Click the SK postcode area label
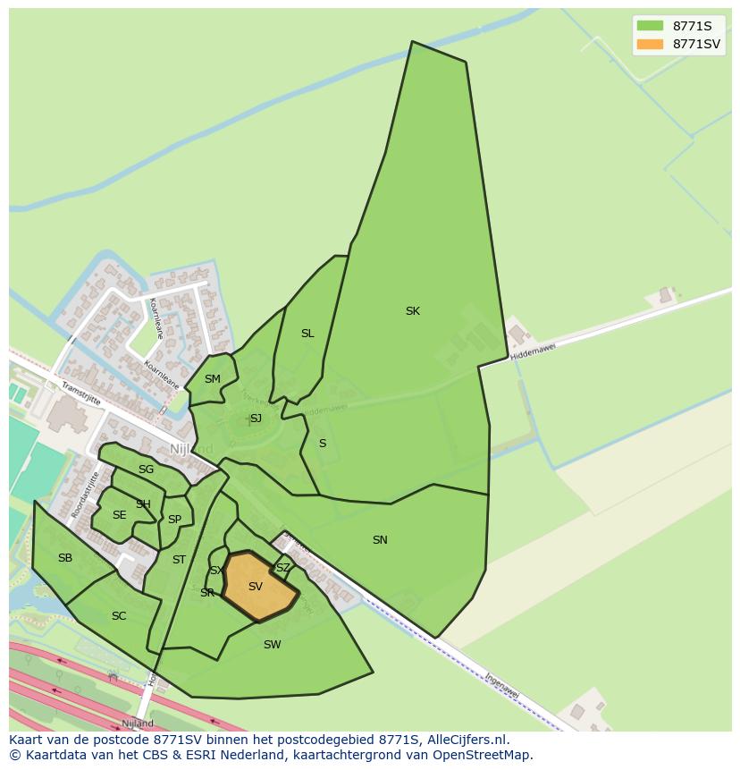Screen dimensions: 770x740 pyautogui.click(x=412, y=311)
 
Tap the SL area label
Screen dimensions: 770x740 pyautogui.click(x=307, y=334)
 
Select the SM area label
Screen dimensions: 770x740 pyautogui.click(x=212, y=379)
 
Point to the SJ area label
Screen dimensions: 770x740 pyautogui.click(x=256, y=419)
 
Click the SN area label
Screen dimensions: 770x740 pyautogui.click(x=380, y=540)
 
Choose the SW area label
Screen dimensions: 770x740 pyautogui.click(x=273, y=645)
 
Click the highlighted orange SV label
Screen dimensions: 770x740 pyautogui.click(x=256, y=587)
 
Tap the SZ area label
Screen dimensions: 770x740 pyautogui.click(x=282, y=568)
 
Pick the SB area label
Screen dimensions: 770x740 pyautogui.click(x=65, y=558)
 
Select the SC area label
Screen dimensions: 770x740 pyautogui.click(x=119, y=616)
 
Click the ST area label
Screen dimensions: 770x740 pyautogui.click(x=179, y=560)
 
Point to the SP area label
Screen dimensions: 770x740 pyautogui.click(x=174, y=520)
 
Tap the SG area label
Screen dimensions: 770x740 pyautogui.click(x=146, y=470)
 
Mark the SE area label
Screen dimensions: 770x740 pyautogui.click(x=120, y=515)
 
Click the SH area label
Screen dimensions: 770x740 pyautogui.click(x=143, y=504)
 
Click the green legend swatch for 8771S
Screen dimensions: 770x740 pyautogui.click(x=650, y=26)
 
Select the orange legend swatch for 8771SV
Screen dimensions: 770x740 pyautogui.click(x=650, y=44)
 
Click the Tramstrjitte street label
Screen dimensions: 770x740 pyautogui.click(x=81, y=393)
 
